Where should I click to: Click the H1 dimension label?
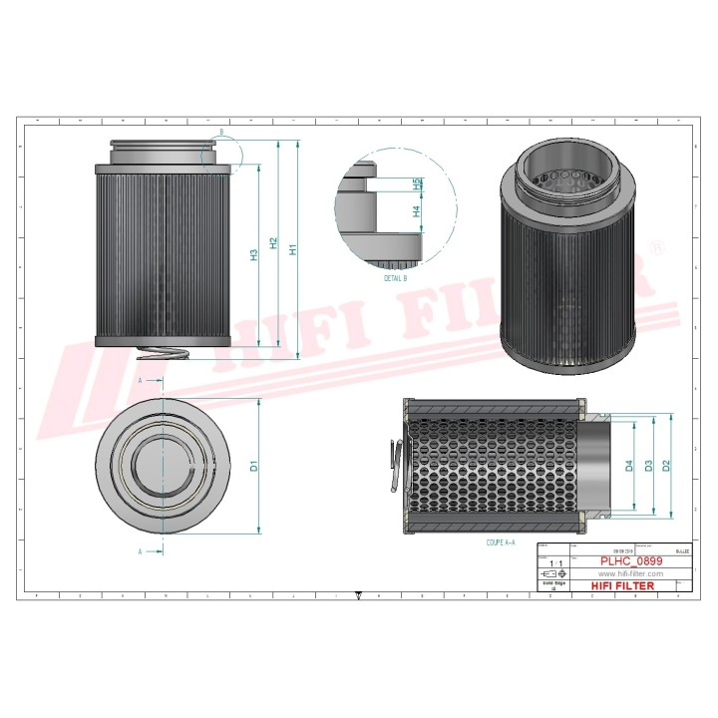(292, 249)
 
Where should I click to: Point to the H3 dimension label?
(254, 255)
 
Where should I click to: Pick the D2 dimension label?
(665, 465)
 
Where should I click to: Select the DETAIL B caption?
(395, 279)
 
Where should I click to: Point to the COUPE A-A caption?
(501, 542)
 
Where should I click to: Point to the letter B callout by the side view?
(220, 132)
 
